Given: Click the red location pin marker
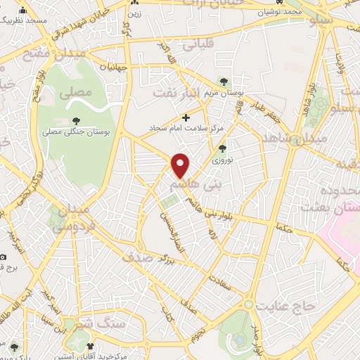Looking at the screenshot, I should [181, 165].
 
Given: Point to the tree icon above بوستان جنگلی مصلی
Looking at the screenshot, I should [76, 121].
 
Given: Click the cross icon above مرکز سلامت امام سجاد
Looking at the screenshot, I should [186, 117].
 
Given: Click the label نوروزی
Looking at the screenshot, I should [223, 160].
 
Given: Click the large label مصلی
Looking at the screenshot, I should [75, 92].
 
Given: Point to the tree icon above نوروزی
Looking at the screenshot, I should [223, 148].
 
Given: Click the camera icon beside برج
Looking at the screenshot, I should [4, 257].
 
